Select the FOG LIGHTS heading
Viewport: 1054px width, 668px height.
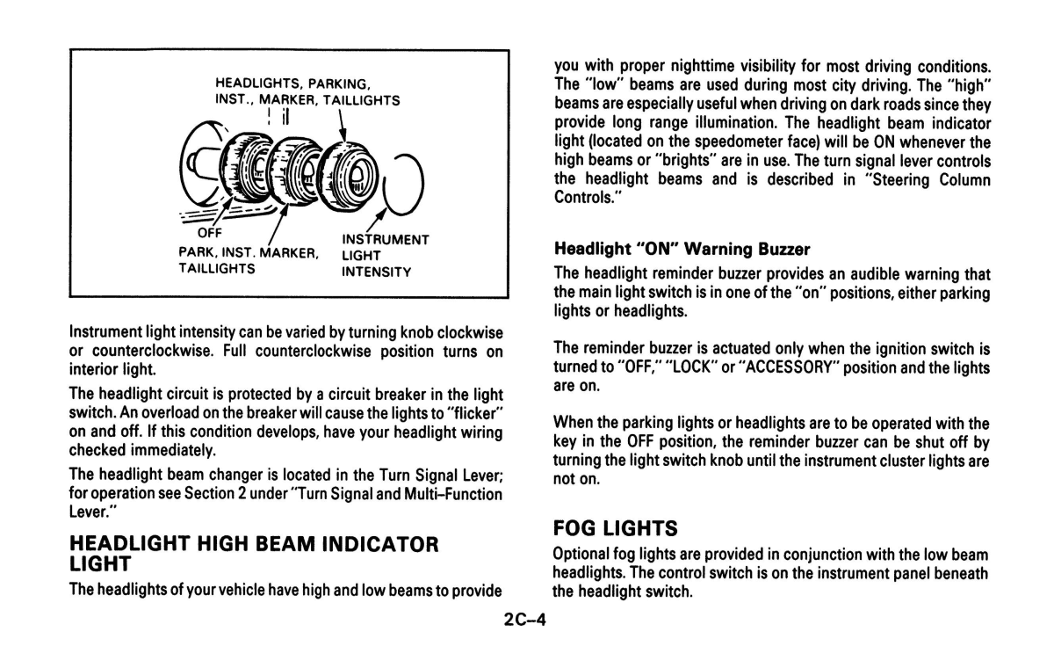(615, 528)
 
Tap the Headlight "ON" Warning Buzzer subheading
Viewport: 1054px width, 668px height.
(682, 249)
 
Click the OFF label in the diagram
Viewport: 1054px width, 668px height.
(209, 233)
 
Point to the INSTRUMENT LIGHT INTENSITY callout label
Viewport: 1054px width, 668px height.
(385, 255)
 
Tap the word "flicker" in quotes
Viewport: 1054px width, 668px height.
(473, 413)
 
